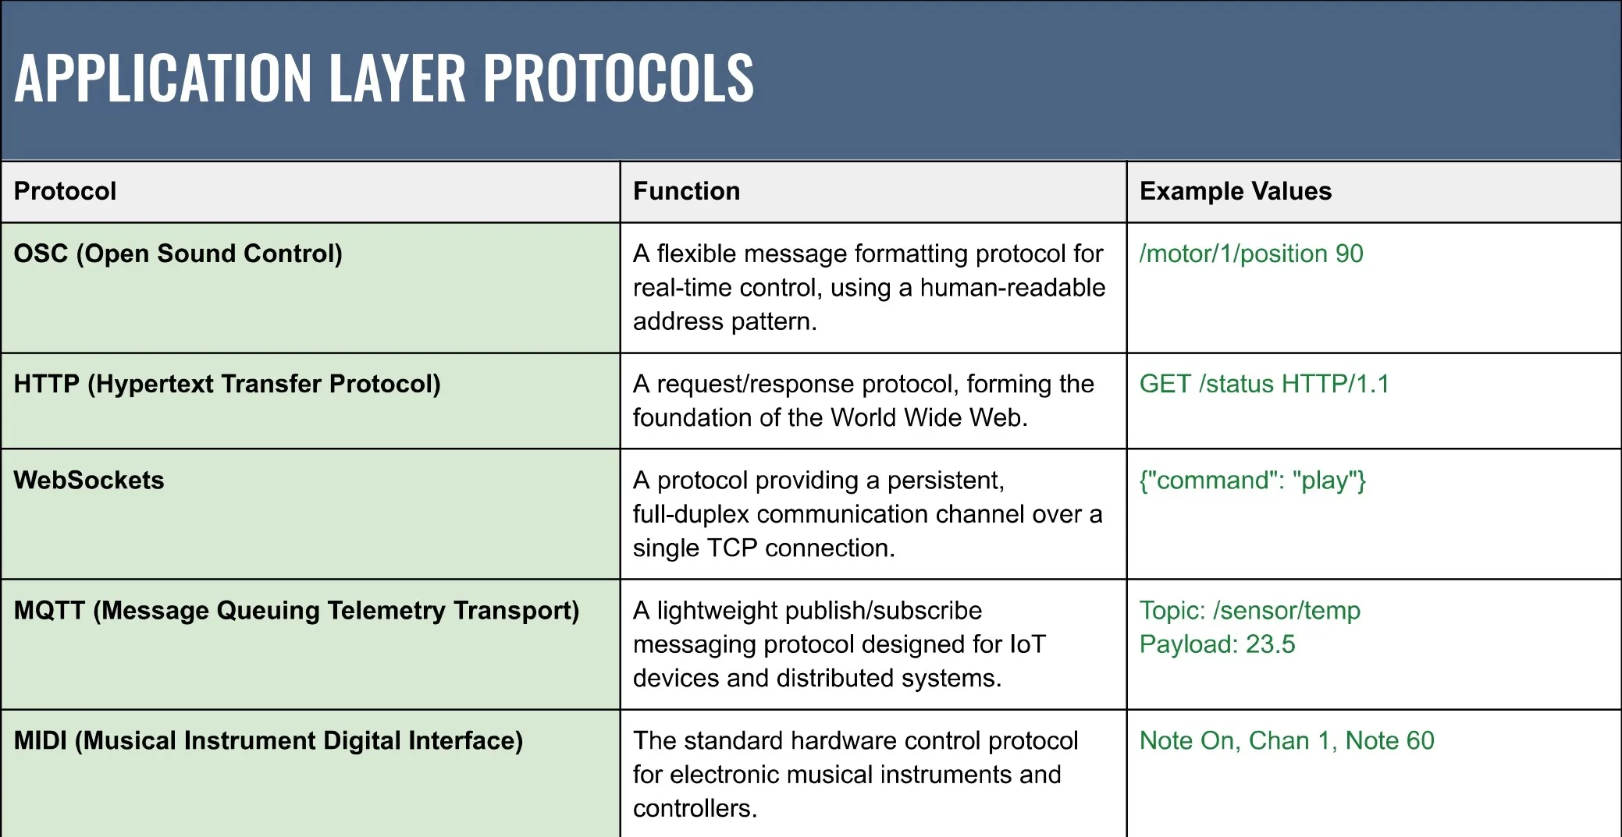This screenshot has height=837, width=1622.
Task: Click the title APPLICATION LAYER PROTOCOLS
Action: [384, 78]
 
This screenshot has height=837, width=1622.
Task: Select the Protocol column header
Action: [65, 191]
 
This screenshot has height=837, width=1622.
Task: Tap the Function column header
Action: [686, 191]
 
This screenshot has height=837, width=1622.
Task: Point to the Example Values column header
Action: [1236, 191]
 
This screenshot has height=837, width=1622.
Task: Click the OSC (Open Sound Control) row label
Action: [178, 254]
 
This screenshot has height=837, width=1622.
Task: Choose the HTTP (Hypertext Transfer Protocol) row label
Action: [227, 384]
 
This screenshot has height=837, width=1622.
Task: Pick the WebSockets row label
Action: [89, 480]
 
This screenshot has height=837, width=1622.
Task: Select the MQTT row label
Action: [297, 610]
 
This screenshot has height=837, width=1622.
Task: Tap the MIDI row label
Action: [269, 740]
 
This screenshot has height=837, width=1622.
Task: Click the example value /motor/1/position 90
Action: [1251, 254]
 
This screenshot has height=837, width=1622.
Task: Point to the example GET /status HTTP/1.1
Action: [1265, 384]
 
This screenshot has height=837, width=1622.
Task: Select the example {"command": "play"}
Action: [1253, 481]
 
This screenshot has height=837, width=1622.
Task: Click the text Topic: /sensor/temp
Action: [1250, 610]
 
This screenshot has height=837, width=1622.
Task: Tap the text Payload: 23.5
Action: [1217, 644]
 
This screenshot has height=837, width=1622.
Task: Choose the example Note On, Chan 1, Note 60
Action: [1287, 740]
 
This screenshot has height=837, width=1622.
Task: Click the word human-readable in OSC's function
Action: [1012, 288]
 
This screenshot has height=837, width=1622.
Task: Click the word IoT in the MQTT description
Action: [1027, 644]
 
